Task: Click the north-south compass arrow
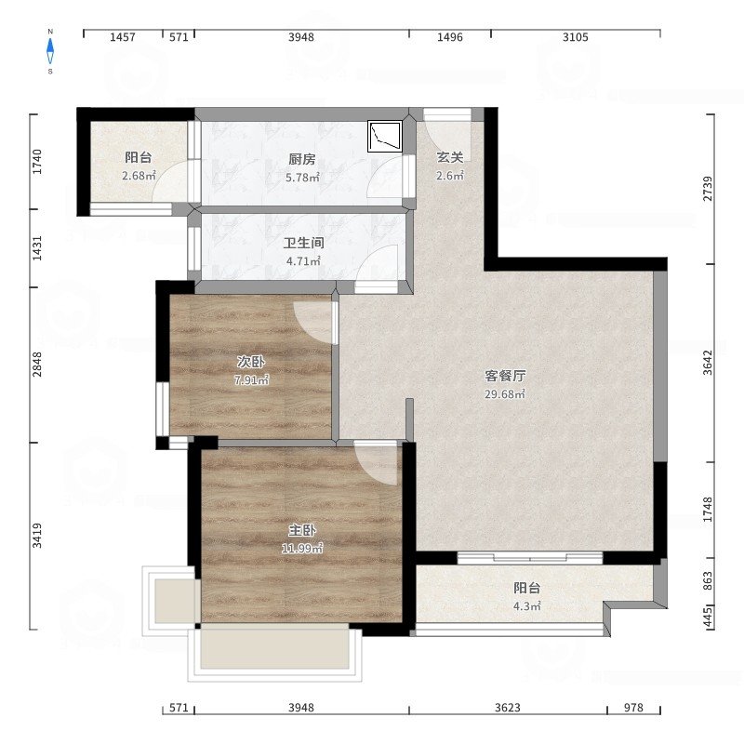pos(50,51)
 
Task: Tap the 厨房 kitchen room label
pos(301,159)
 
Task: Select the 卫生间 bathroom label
pos(304,244)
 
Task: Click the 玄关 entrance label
pos(450,157)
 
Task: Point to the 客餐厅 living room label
pos(505,377)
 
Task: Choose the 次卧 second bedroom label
pos(251,363)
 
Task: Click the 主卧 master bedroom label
pos(301,530)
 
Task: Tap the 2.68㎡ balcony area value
pos(139,176)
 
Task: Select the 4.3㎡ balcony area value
pos(527,606)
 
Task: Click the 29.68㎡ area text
pos(505,394)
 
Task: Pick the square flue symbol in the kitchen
pos(385,137)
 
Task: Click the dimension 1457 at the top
pos(123,37)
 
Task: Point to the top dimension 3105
pos(575,37)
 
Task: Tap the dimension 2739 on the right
pos(708,189)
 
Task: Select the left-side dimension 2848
pos(37,365)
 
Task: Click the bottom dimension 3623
pos(508,708)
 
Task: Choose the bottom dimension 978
pos(633,708)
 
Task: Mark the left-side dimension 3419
pos(37,536)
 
